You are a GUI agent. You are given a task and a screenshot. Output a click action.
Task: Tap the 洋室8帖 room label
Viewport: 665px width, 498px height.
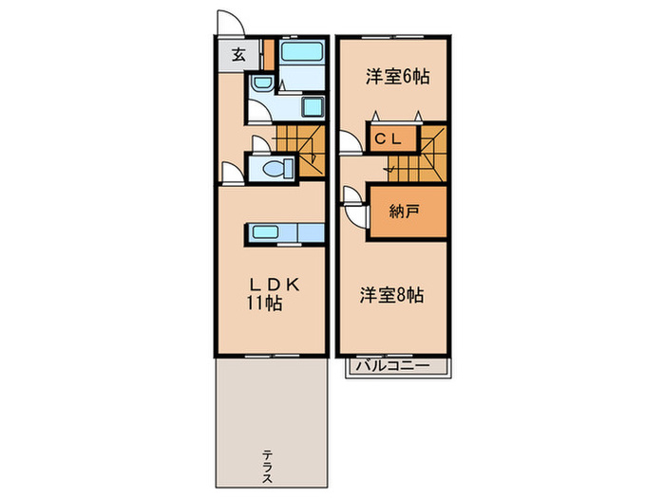click(391, 296)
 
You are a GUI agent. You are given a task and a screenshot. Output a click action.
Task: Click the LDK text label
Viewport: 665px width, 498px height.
click(275, 285)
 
